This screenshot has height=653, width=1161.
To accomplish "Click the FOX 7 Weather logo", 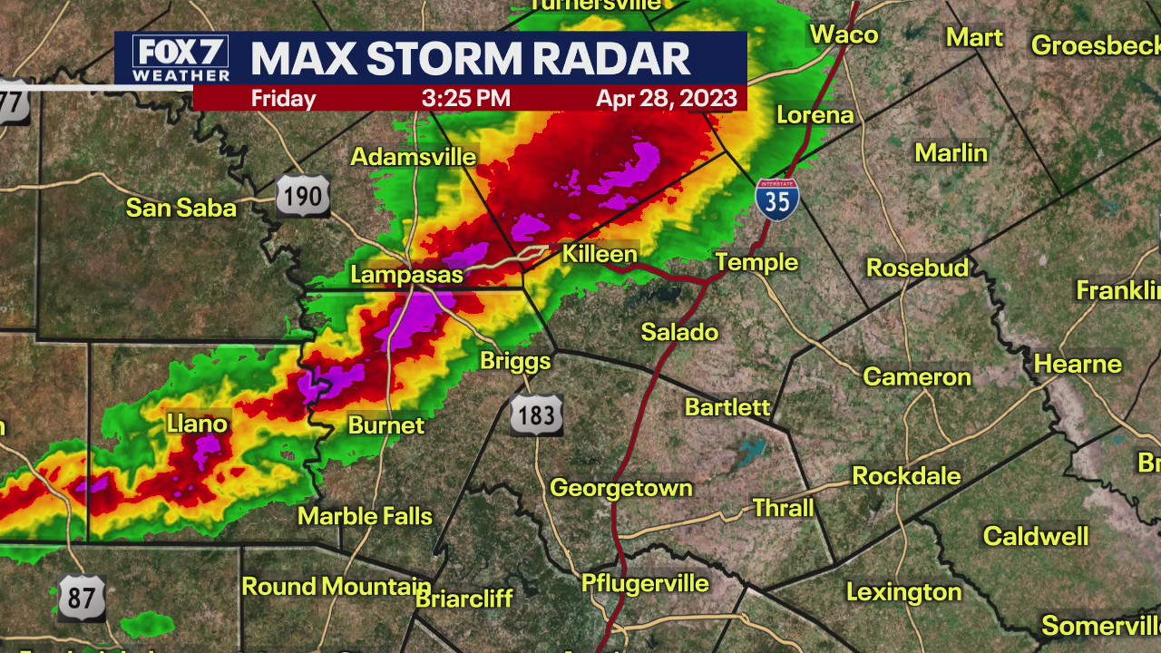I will tap(180, 59).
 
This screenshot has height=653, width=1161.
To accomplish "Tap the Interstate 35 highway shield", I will tap(777, 199).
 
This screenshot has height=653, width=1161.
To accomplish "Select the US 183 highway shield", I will tap(536, 415).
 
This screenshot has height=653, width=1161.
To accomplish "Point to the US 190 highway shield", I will tap(303, 195).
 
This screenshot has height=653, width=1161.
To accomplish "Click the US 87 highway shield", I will tap(82, 597).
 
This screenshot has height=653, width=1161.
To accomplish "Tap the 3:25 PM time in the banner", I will tap(465, 98).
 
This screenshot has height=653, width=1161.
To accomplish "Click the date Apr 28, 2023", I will tap(666, 98).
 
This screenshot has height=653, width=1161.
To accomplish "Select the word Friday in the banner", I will tap(283, 98).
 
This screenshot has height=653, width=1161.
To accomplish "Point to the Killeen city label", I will tap(600, 254).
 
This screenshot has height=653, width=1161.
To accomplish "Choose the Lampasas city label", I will tap(406, 274).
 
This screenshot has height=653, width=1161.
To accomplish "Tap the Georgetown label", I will tap(621, 488).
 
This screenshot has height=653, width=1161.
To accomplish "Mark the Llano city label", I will tap(197, 424).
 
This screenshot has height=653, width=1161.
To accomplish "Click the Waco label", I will tap(844, 34).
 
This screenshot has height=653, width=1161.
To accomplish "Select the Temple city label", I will tap(756, 262).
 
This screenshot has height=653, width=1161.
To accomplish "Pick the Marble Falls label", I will tap(365, 516).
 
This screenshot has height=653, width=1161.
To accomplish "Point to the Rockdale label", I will tap(906, 476).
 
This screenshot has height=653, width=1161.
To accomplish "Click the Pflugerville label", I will tap(645, 583).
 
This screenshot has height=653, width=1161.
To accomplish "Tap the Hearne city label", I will tap(1078, 364).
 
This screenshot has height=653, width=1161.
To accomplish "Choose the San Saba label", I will tap(180, 208).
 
